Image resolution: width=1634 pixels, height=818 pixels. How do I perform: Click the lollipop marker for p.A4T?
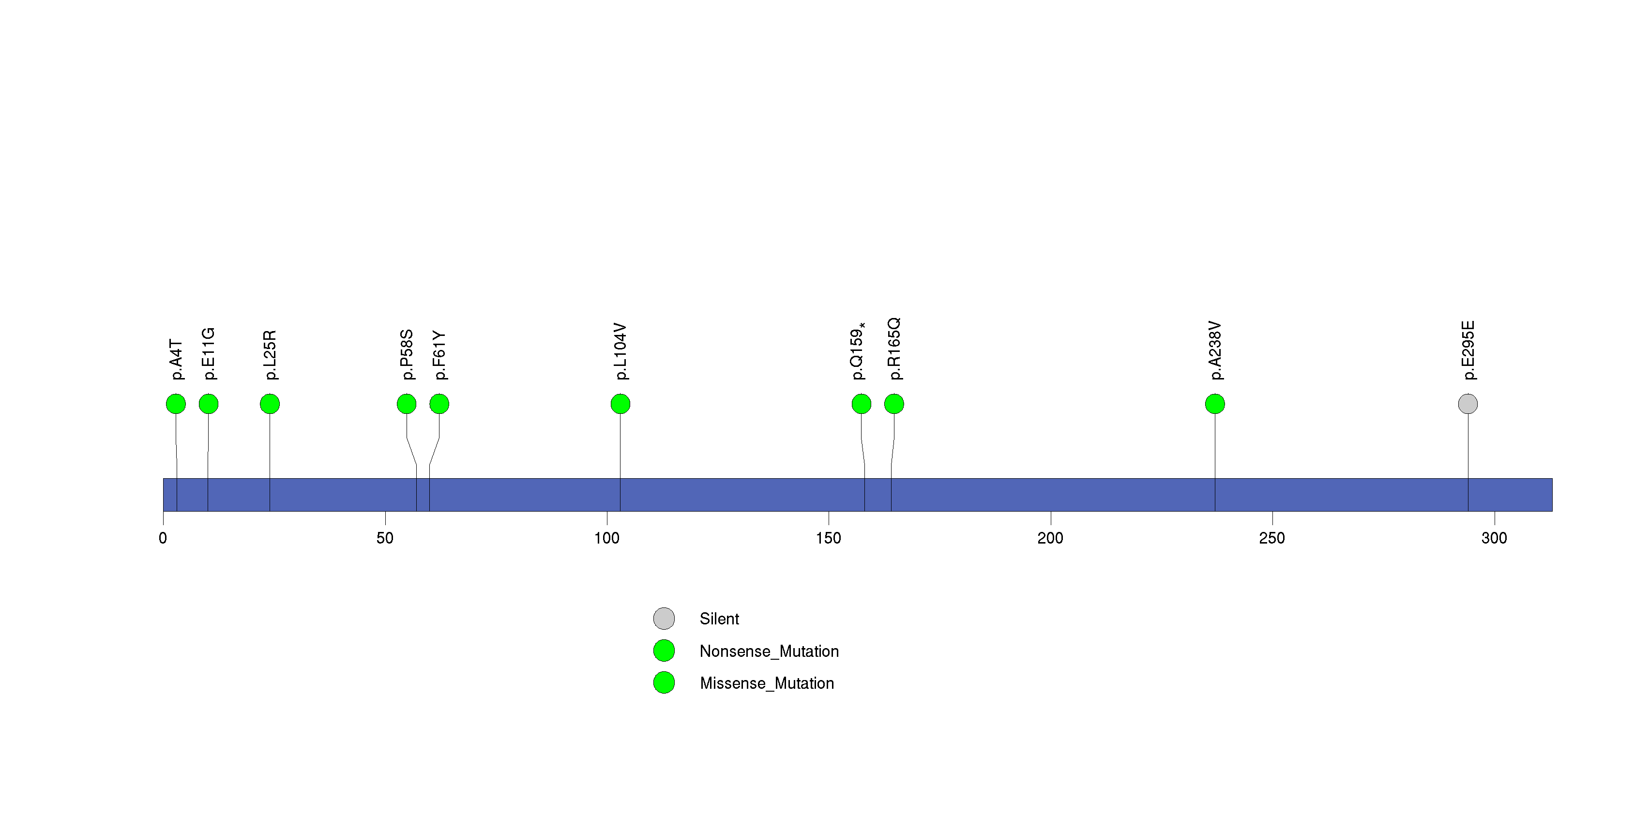coord(176,404)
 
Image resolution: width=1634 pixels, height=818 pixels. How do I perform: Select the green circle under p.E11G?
coord(209,404)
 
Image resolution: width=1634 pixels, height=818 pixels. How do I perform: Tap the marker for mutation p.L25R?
coord(270,404)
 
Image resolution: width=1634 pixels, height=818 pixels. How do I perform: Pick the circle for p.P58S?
coord(407,404)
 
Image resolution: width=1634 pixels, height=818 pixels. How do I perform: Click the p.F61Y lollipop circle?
coord(439,404)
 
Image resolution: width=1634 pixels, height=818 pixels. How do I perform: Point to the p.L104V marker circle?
coord(620,404)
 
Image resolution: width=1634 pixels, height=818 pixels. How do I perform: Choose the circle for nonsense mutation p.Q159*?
coord(862,404)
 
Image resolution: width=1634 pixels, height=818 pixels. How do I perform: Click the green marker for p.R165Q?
coord(894,404)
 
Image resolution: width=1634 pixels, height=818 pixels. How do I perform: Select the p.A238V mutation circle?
coord(1215,404)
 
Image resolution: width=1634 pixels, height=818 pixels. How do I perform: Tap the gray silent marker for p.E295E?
coord(1468,404)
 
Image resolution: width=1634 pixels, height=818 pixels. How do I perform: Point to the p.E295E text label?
coord(1468,350)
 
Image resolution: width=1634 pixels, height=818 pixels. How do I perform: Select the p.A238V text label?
coord(1215,350)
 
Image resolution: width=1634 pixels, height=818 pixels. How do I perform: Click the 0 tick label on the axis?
coord(163,538)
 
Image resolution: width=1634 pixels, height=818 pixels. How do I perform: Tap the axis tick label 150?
coord(829,538)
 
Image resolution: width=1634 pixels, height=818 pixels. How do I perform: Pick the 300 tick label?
coord(1494,538)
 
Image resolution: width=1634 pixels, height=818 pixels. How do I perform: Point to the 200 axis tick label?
coord(1050,538)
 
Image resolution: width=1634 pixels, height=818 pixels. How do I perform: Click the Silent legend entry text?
coord(719,619)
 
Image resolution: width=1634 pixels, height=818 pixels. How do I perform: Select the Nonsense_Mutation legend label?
coord(769,651)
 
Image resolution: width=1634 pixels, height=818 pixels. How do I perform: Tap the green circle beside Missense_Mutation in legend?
coord(664,683)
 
